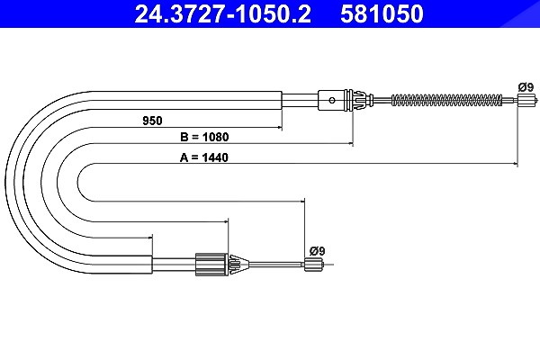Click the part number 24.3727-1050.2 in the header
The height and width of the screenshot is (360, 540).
click(222, 13)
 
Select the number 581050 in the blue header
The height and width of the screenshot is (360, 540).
click(382, 13)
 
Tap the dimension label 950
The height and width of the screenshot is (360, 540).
click(152, 121)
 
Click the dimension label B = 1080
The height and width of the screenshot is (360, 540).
click(204, 137)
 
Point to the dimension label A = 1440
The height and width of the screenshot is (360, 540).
click(204, 157)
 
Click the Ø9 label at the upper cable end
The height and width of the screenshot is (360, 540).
click(526, 87)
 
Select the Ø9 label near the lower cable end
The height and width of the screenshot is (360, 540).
click(317, 251)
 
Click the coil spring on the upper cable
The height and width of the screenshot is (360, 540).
click(447, 100)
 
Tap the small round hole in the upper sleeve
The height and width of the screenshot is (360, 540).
click(332, 101)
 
